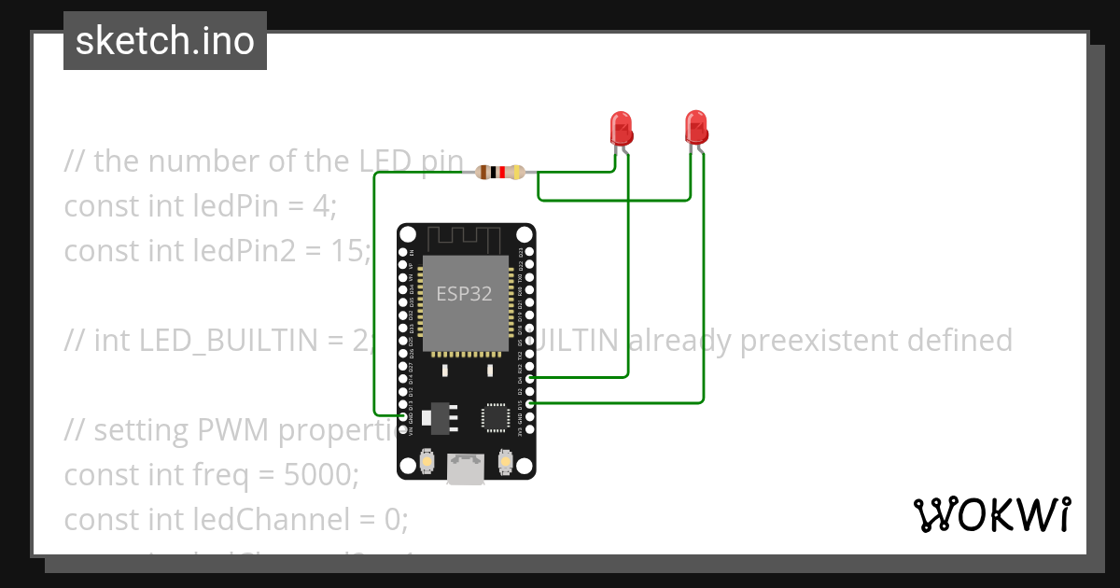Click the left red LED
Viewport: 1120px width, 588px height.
[x=621, y=126]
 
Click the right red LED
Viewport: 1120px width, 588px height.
[x=695, y=125]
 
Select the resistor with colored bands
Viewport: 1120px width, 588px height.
[x=500, y=172]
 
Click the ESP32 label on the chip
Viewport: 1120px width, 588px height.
[x=464, y=294]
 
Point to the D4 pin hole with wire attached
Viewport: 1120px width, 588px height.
[x=530, y=378]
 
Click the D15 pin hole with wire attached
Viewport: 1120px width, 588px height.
[x=530, y=402]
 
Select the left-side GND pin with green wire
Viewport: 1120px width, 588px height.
[x=403, y=415]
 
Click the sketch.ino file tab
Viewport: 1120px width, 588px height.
[x=165, y=41]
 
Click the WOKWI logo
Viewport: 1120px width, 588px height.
[x=990, y=514]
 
